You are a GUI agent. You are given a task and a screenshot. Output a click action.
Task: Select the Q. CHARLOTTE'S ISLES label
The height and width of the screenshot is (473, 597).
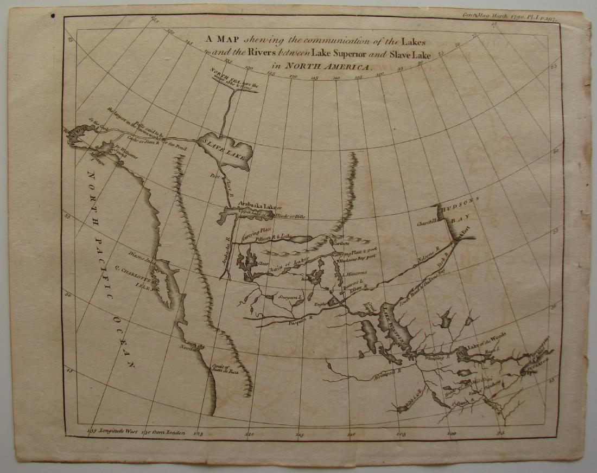point(135,276)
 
